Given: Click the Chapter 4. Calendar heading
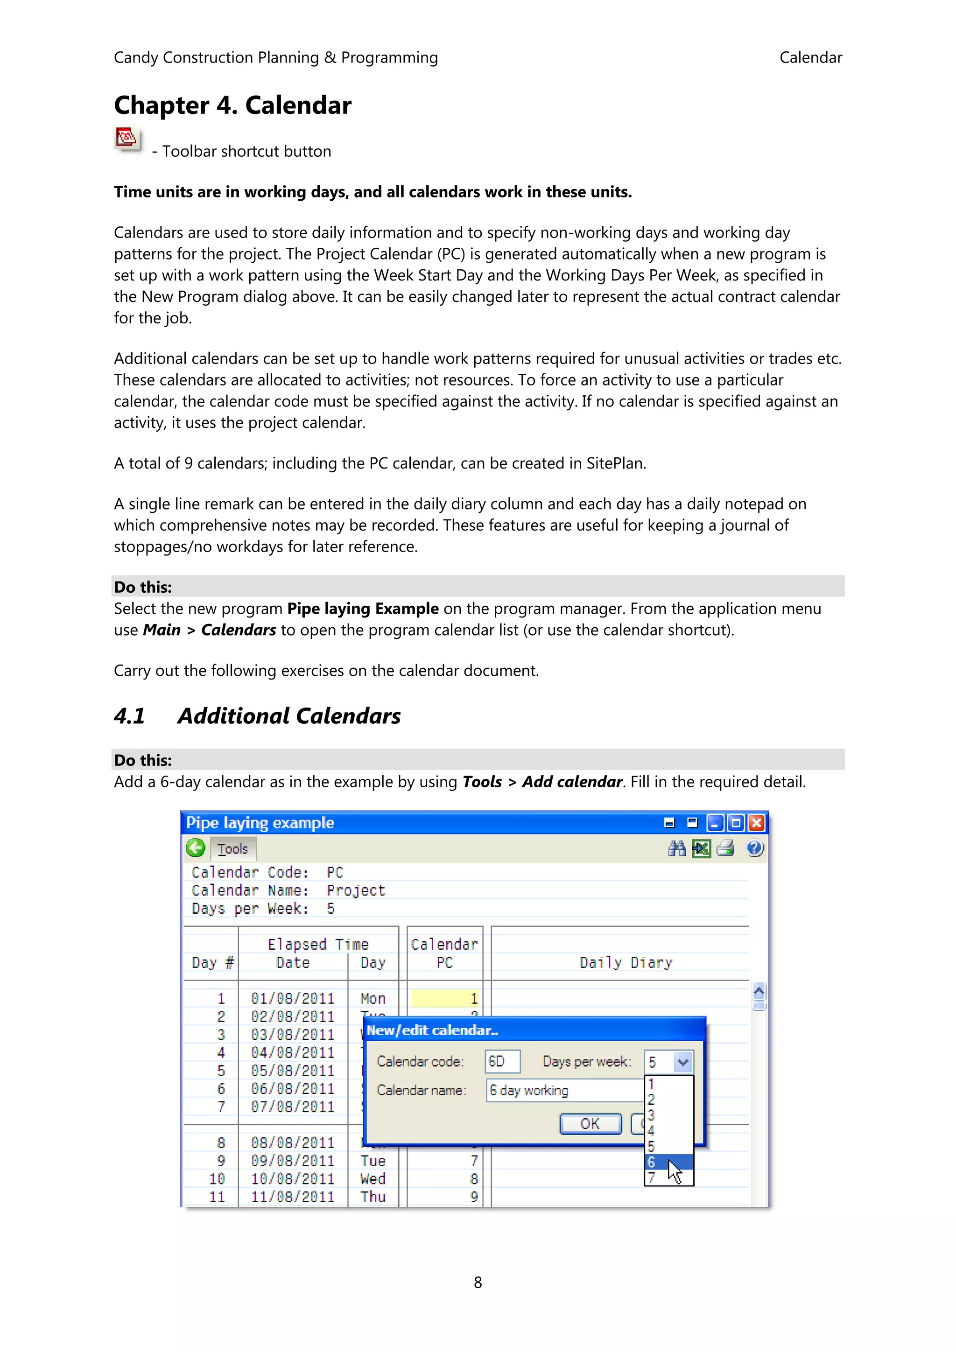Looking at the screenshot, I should click(232, 105).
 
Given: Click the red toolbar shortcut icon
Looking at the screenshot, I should click(127, 139).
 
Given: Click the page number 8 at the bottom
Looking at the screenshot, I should click(478, 1282).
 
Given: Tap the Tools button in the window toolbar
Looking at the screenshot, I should click(232, 848).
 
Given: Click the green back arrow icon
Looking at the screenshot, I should click(196, 848).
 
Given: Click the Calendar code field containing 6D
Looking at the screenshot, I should click(502, 1061).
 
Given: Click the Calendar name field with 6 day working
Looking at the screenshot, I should click(564, 1090).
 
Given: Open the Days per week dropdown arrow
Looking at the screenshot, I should click(682, 1062).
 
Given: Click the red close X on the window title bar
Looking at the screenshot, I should click(756, 823).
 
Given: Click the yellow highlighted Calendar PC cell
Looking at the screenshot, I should click(445, 998).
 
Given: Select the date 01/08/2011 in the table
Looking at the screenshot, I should click(293, 998).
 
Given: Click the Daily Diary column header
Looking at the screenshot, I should click(626, 962).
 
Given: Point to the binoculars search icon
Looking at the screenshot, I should click(677, 848).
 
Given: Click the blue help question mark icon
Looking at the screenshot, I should click(754, 848).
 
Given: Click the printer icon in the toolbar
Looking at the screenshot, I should click(726, 848).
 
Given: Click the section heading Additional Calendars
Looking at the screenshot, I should click(288, 716).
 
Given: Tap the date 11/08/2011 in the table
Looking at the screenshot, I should click(293, 1197).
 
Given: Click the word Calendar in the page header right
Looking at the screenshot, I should click(810, 58).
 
